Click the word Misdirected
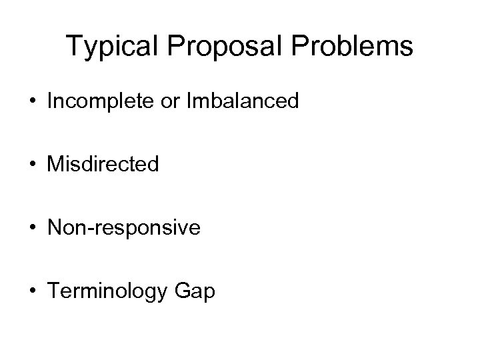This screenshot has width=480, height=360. pos(103,163)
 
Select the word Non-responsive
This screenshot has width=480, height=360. pos(123,228)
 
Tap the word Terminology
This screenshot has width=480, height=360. pos(109,291)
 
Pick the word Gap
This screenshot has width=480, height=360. pos(196,291)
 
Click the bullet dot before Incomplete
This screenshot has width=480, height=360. pos(33,102)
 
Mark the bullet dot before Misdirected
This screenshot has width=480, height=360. pos(33,165)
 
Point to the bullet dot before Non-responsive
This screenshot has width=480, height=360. pos(33,228)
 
